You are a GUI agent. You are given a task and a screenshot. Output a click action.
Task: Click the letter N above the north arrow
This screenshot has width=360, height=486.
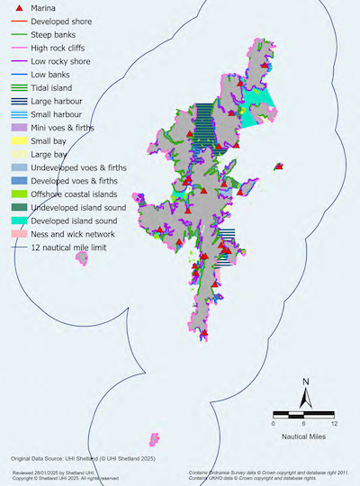[x=306, y=382]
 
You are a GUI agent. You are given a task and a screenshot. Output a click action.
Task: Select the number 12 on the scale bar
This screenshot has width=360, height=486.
[x=334, y=423]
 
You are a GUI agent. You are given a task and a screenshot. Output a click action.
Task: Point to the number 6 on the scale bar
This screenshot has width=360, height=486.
[x=303, y=423]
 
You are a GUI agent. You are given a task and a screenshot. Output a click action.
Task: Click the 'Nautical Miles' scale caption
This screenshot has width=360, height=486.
[x=303, y=436]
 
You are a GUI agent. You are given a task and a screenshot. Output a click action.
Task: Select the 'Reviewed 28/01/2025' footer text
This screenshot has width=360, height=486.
[x=50, y=472]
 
